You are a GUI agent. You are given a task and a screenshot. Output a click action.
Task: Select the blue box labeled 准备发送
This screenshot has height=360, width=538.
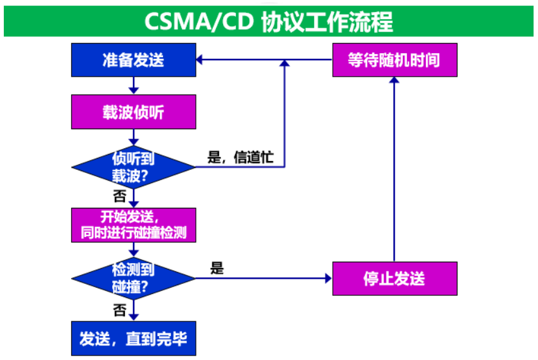pyautogui.click(x=133, y=60)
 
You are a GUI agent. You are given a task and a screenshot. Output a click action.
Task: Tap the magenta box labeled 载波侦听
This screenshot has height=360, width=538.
pyautogui.click(x=133, y=112)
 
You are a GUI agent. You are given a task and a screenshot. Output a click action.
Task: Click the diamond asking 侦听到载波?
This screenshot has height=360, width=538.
pyautogui.click(x=133, y=167)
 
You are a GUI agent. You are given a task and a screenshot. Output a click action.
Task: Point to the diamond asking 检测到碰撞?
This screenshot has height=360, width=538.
pyautogui.click(x=133, y=278)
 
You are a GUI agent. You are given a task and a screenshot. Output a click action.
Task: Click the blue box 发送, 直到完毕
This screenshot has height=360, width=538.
pyautogui.click(x=133, y=338)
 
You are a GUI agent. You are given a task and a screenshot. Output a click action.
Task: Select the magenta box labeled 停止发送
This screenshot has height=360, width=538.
pyautogui.click(x=394, y=278)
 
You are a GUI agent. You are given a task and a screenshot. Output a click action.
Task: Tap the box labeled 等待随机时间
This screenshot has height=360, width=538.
pyautogui.click(x=394, y=60)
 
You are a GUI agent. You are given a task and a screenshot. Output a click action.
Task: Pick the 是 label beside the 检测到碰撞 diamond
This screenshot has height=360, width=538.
pyautogui.click(x=217, y=269)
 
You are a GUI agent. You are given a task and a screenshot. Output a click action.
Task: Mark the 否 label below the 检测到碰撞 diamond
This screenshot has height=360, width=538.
pyautogui.click(x=120, y=311)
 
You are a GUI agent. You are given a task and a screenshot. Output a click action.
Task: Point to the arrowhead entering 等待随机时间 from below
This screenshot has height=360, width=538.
pyautogui.click(x=394, y=81)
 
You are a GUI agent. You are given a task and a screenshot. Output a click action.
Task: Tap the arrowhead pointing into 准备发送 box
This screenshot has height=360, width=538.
pyautogui.click(x=200, y=60)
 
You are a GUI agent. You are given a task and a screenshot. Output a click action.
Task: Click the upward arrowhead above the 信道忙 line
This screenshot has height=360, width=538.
pyautogui.click(x=285, y=64)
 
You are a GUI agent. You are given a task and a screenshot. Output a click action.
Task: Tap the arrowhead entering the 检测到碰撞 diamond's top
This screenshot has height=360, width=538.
pyautogui.click(x=133, y=253)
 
